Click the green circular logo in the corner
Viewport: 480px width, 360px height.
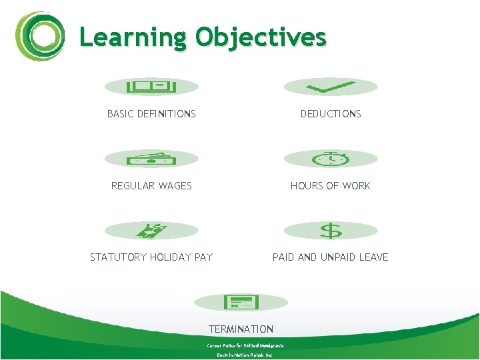tap(41, 37)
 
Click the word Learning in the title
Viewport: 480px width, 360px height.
tap(132, 37)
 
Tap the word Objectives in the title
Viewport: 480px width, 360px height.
tap(261, 37)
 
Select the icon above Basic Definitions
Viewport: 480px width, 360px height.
tap(151, 87)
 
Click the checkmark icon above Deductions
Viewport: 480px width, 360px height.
tap(331, 87)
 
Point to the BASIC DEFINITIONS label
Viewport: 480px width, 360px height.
tap(151, 114)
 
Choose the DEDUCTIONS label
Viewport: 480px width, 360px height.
tap(331, 114)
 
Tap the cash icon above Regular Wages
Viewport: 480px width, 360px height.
tap(151, 159)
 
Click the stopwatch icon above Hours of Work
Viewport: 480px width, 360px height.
tap(331, 159)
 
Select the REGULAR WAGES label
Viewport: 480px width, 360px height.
tap(151, 186)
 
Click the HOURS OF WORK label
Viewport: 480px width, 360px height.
tap(331, 186)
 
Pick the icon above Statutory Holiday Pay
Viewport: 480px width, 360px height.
tap(151, 231)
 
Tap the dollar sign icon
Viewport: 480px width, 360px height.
tap(331, 231)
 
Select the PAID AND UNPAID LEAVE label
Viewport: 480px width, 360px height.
tap(331, 257)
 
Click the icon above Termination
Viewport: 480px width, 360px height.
tap(241, 302)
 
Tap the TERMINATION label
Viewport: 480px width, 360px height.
tap(241, 329)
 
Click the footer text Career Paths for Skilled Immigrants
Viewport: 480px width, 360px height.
tap(245, 346)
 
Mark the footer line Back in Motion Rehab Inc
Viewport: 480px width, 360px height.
tap(245, 355)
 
